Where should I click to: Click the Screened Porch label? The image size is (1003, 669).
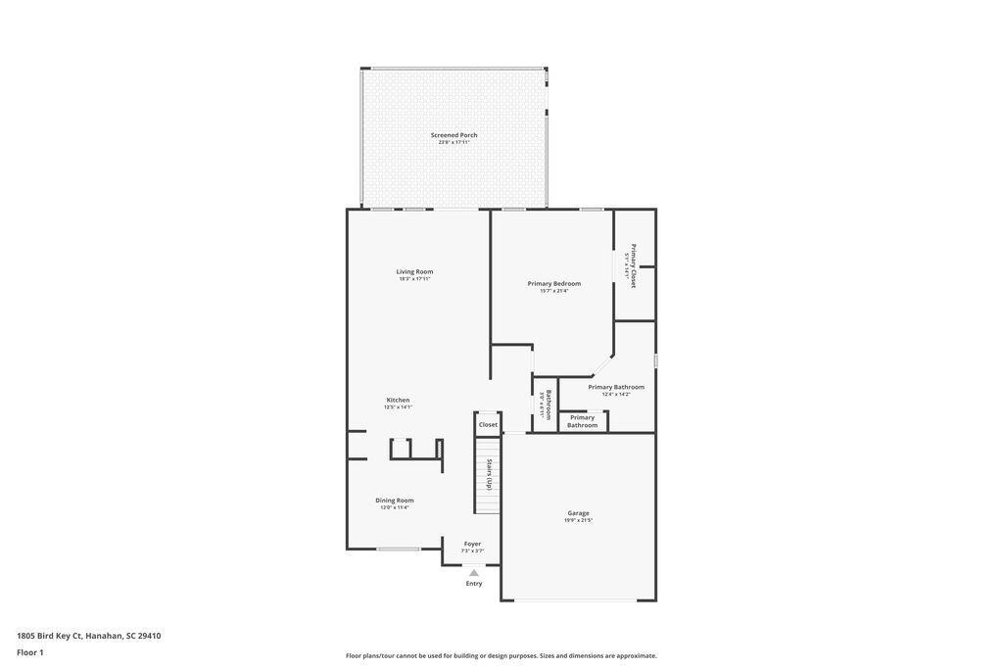tap(454, 135)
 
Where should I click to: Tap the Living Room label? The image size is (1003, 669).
tap(414, 271)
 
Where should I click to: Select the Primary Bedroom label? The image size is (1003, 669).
tap(553, 284)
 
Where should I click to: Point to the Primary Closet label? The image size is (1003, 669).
tap(633, 264)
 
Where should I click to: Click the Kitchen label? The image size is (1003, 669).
tap(398, 400)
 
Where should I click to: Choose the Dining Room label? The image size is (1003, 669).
tap(395, 501)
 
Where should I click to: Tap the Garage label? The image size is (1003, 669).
tap(578, 513)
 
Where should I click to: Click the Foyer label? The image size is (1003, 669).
tap(472, 544)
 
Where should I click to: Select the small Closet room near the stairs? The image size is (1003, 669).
tap(488, 424)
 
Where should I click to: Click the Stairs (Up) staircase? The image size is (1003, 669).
tap(488, 475)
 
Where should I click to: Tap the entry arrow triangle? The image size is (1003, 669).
tap(474, 573)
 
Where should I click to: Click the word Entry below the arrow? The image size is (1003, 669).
tap(474, 584)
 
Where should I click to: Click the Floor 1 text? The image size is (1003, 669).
tap(30, 652)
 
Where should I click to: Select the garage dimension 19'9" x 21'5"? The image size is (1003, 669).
tap(578, 520)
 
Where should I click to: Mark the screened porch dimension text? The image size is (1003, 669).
tap(454, 142)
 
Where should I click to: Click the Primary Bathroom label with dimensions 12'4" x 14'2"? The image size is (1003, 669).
tap(616, 388)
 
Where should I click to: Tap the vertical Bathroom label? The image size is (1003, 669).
tap(547, 405)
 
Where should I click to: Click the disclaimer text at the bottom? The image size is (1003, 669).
tap(501, 656)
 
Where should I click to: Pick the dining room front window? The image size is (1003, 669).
tap(399, 549)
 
